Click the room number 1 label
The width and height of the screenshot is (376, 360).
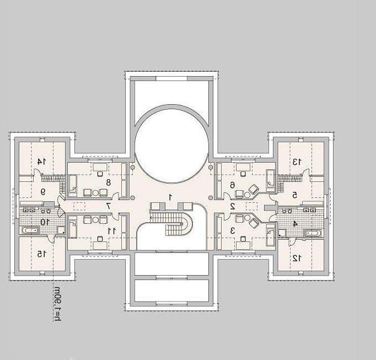[170, 197]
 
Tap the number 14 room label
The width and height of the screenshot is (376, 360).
[41, 162]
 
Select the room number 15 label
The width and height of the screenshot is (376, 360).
[41, 254]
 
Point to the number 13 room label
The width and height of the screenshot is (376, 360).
[297, 162]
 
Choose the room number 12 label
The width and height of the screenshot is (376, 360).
[297, 258]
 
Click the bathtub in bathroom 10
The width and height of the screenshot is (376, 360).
[30, 230]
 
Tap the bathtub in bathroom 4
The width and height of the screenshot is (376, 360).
[313, 233]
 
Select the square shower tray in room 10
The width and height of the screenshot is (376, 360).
[61, 230]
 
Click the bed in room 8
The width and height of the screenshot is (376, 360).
[73, 184]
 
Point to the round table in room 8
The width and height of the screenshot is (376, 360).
[96, 192]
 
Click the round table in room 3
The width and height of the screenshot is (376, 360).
[247, 218]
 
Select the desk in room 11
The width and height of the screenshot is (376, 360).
[100, 245]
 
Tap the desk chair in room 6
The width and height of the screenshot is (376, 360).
[243, 174]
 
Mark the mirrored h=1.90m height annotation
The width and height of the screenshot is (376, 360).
[57, 303]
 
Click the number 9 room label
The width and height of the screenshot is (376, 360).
[43, 192]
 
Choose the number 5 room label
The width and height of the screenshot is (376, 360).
[295, 195]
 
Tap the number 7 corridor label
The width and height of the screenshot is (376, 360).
[108, 206]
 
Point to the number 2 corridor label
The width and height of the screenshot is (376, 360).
[232, 206]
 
